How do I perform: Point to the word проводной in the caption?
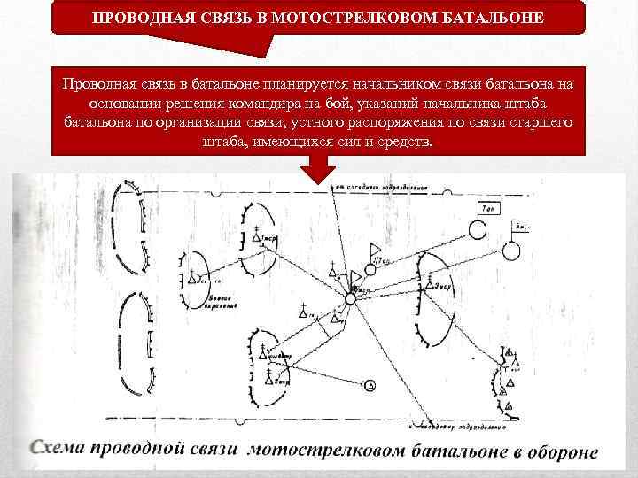143,447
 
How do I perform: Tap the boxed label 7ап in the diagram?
489,210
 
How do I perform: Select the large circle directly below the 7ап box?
477,230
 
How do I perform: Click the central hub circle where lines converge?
350,300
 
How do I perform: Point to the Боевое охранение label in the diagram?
221,303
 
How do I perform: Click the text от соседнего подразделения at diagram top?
381,188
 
